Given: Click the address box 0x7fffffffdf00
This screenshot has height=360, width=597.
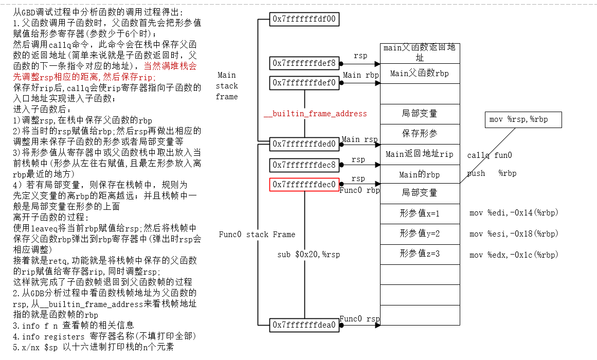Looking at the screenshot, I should pos(304,19).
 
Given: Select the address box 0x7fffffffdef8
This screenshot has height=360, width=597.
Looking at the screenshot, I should pos(304,63).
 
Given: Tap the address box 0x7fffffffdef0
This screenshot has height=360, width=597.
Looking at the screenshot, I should pos(304,83).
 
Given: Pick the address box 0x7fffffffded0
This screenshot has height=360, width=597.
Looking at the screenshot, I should pos(304,144).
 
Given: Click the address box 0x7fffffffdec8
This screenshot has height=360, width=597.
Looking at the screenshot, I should pos(304,165).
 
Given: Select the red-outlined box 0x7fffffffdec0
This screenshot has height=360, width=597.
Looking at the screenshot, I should pos(304,184).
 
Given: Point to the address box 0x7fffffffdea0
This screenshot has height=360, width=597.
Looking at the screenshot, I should pos(304,325).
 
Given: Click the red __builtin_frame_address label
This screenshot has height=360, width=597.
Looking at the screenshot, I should pos(315,114).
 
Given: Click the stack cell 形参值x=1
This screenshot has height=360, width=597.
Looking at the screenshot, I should pos(419,213).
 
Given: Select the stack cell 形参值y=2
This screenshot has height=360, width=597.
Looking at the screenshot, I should pos(419,233).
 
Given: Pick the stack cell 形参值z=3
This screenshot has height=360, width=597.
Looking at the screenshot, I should pos(419,254).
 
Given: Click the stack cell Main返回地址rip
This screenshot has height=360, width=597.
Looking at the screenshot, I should pos(419,154).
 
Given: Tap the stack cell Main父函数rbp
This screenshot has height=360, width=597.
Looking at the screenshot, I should pos(419,74).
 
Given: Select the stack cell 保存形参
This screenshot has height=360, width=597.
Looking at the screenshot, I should pos(419,134).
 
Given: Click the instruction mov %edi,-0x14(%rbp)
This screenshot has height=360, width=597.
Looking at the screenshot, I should pos(514,213).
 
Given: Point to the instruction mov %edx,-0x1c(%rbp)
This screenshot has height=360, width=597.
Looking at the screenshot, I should pos(514,255).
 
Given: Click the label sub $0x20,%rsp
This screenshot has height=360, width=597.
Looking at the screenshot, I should pos(309,255).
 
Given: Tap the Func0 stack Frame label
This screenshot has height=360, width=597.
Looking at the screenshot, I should pos(257,235).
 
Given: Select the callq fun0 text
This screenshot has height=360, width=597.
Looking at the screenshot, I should pos(489,155).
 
